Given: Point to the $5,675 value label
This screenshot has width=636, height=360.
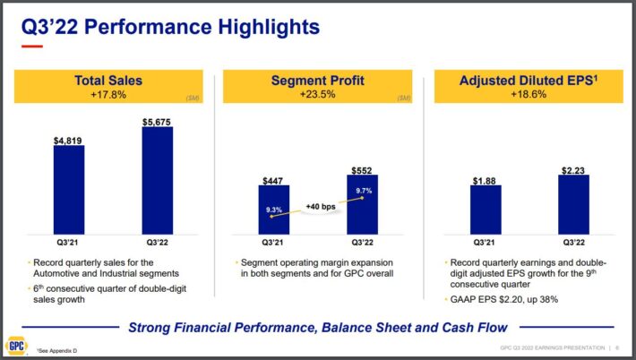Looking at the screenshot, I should pyautogui.click(x=157, y=120).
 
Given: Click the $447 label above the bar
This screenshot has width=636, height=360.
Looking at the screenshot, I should pyautogui.click(x=273, y=181).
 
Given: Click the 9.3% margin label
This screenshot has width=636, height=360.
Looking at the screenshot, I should pyautogui.click(x=273, y=210).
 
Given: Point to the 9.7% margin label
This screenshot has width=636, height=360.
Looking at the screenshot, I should pyautogui.click(x=361, y=191).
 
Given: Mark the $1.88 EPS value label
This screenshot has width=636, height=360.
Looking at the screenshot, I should pyautogui.click(x=486, y=179).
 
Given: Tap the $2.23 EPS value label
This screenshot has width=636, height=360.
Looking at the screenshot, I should pyautogui.click(x=573, y=168).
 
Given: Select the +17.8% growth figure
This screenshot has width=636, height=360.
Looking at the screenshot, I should pyautogui.click(x=108, y=94).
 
